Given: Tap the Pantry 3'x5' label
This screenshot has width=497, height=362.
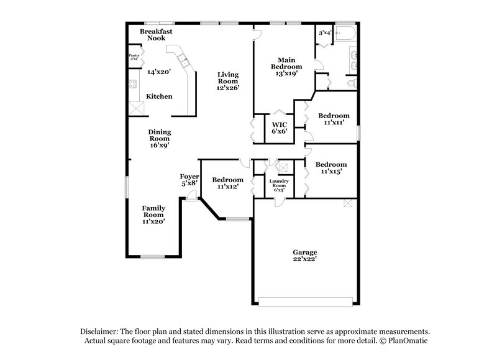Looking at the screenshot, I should (x=134, y=58).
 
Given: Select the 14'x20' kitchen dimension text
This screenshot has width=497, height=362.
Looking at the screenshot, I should (x=159, y=72).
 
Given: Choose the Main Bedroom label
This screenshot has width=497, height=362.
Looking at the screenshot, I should (x=286, y=67).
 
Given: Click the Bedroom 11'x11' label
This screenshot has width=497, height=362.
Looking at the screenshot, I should (x=334, y=119).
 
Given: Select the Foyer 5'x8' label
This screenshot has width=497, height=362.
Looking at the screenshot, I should (x=189, y=180).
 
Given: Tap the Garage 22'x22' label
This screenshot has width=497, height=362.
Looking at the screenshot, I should (x=309, y=256).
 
